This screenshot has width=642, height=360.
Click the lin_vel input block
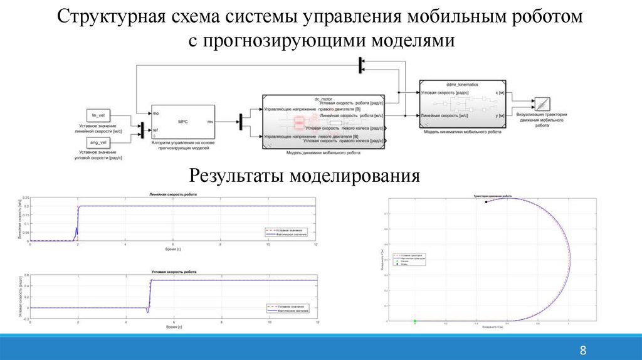(97, 115)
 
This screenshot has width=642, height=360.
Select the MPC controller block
(182, 122)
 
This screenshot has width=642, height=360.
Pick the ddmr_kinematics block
(461, 103)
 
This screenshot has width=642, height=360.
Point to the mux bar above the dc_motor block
(361, 64)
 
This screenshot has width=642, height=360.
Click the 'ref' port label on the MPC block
(156, 130)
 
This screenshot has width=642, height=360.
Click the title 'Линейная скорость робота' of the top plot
(172, 196)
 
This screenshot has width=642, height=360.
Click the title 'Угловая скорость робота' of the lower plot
(174, 271)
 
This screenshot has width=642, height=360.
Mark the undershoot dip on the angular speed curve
(148, 310)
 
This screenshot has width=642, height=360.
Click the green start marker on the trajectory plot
(415, 321)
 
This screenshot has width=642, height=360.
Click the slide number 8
(582, 349)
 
